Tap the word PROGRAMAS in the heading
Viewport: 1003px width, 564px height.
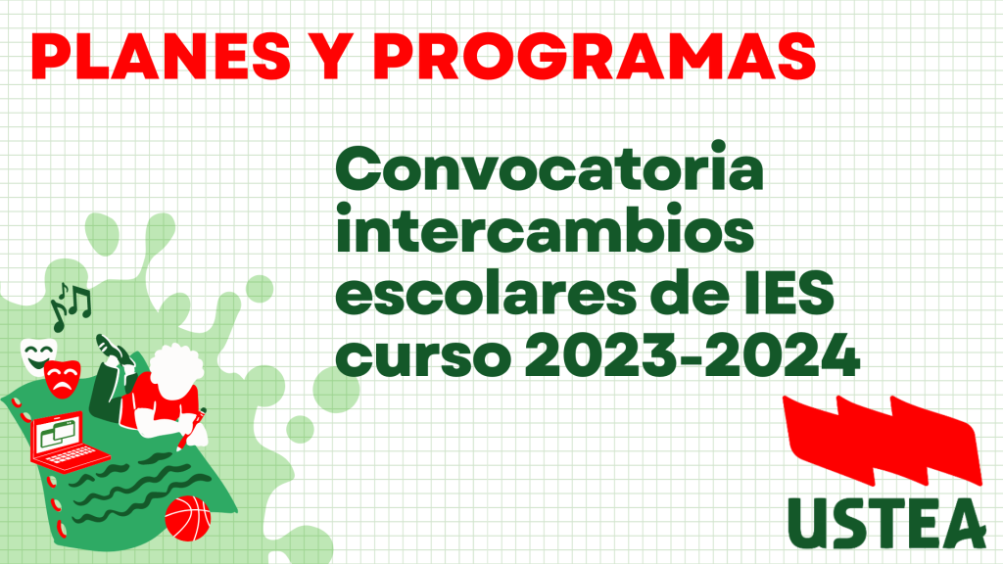(x=595, y=56)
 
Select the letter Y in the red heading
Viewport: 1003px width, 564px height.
(x=332, y=56)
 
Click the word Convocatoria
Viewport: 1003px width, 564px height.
(x=549, y=168)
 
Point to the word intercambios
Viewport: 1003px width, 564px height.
(x=545, y=229)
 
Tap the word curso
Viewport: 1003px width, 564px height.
(x=423, y=356)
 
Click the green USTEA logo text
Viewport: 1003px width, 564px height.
(x=886, y=523)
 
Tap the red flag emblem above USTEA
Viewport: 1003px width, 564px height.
(x=883, y=441)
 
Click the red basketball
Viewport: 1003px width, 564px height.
(x=187, y=519)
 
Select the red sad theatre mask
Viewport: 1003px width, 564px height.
(x=63, y=379)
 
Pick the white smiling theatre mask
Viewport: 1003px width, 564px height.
(x=37, y=354)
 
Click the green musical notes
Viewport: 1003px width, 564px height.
(x=71, y=305)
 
